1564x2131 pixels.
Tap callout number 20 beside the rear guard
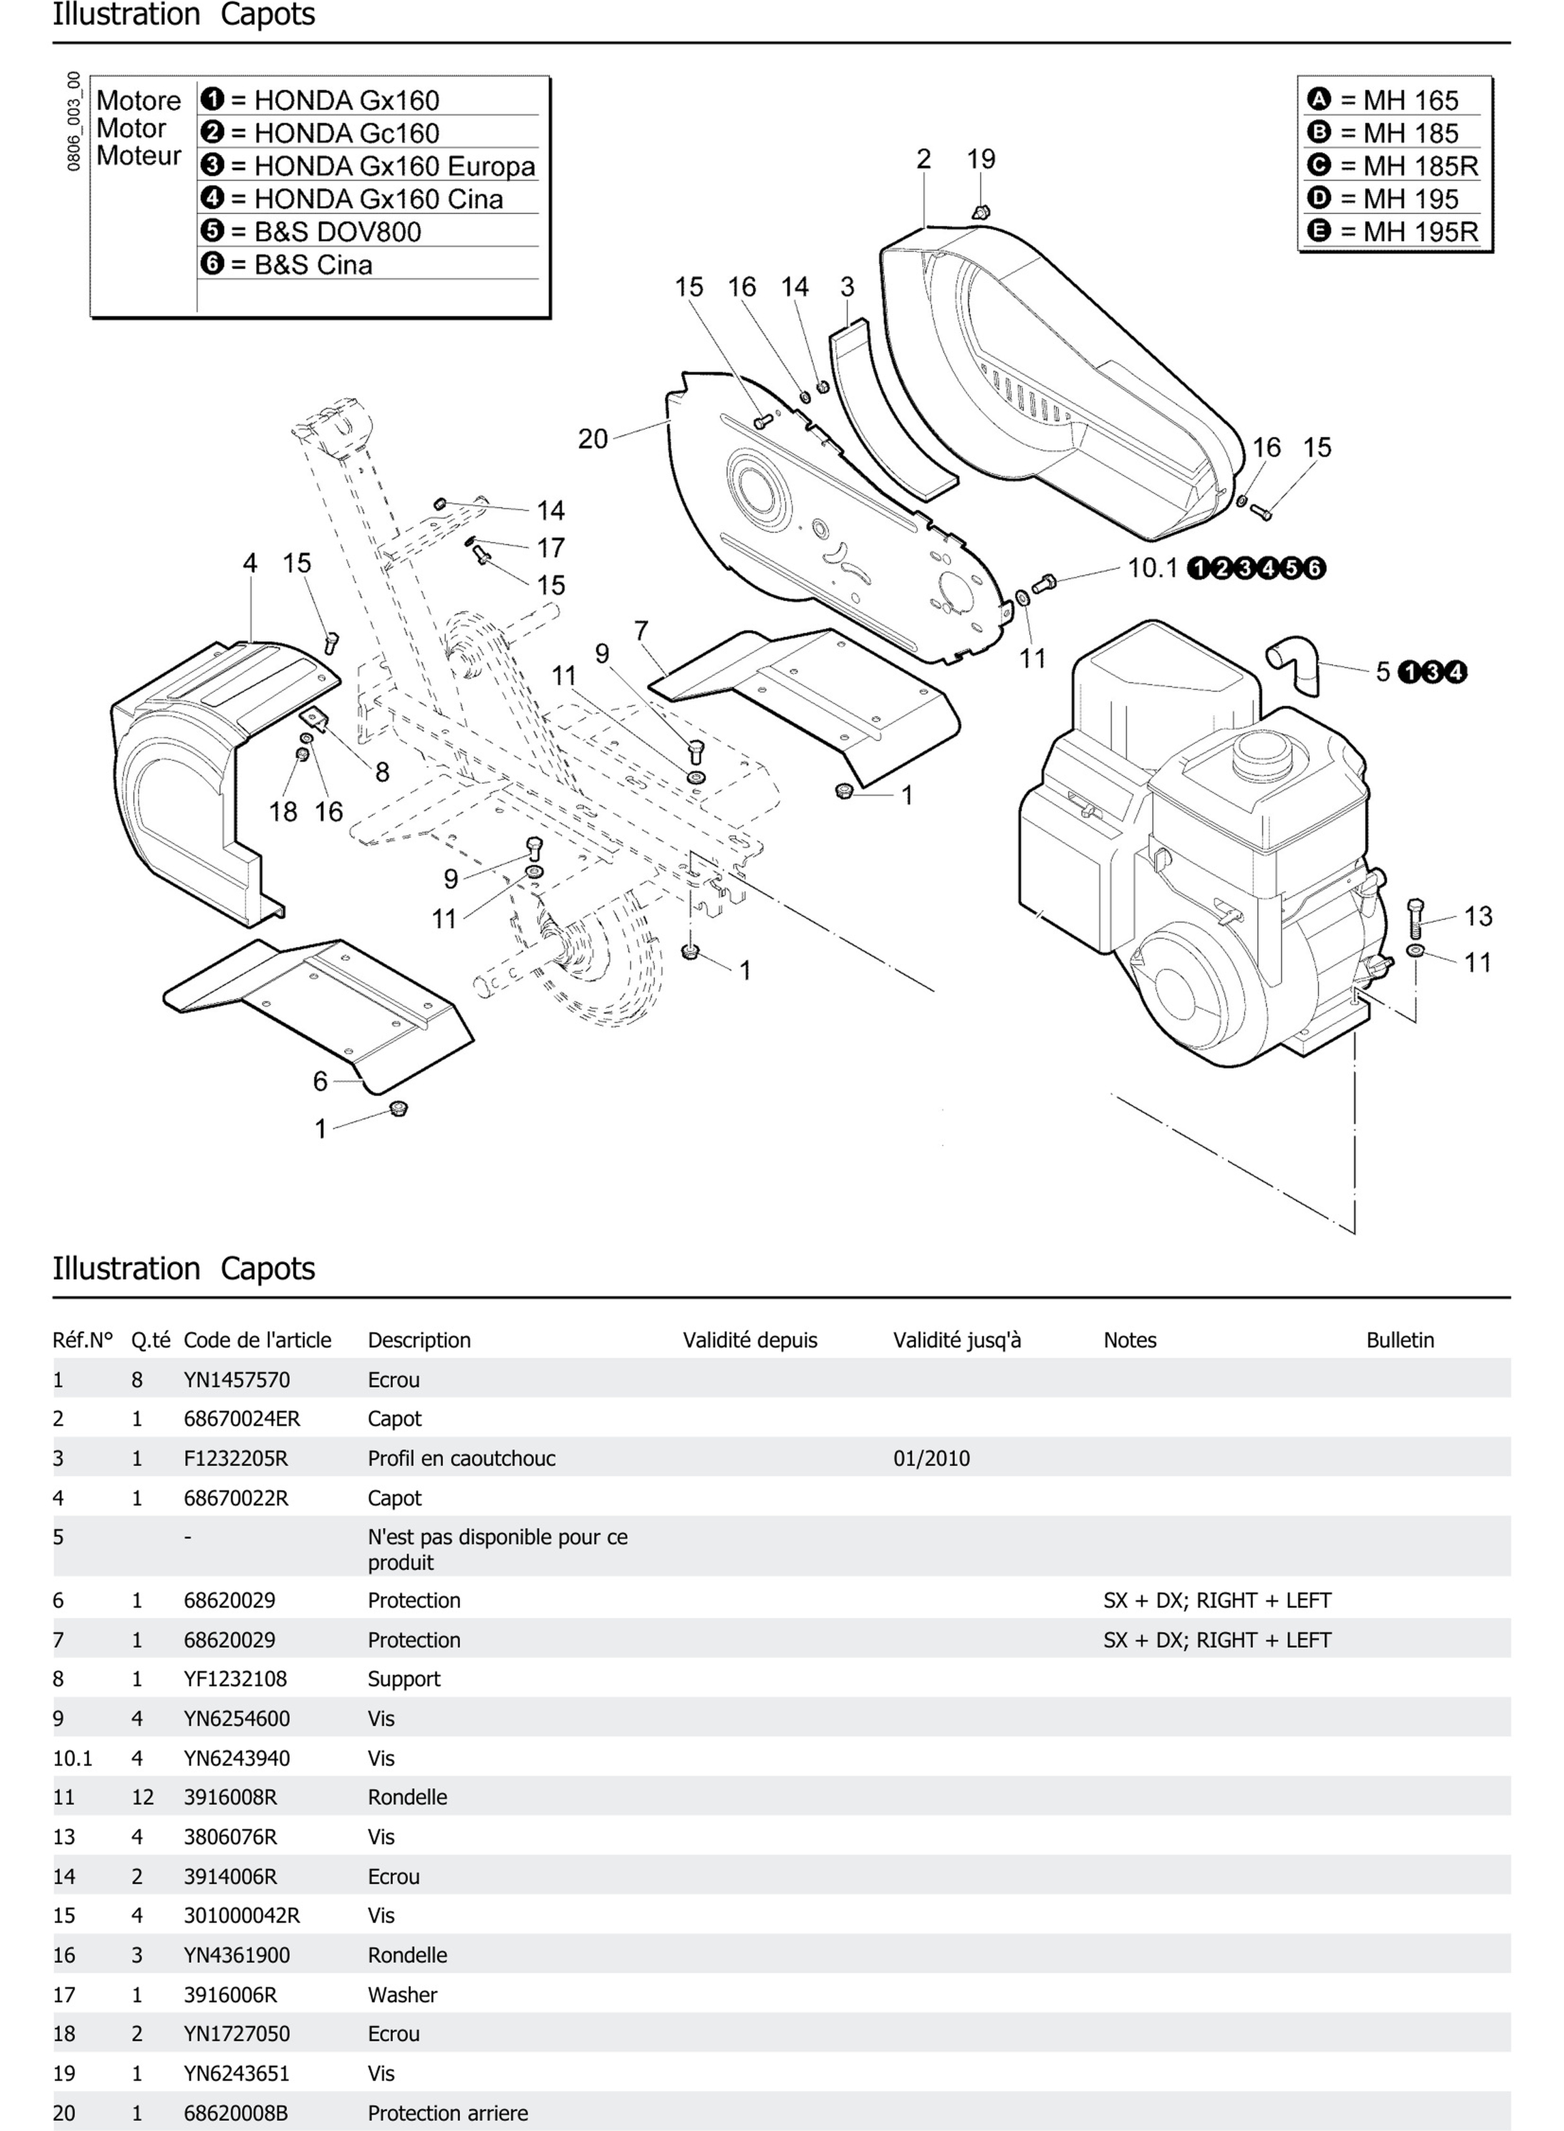(x=593, y=439)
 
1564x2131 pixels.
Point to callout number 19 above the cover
(x=981, y=159)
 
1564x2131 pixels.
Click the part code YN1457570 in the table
(x=237, y=1379)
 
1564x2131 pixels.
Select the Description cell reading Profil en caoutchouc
(x=461, y=1458)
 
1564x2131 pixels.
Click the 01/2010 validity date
(x=931, y=1458)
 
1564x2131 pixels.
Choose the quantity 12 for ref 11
(x=142, y=1797)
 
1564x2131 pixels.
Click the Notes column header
(x=1129, y=1339)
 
